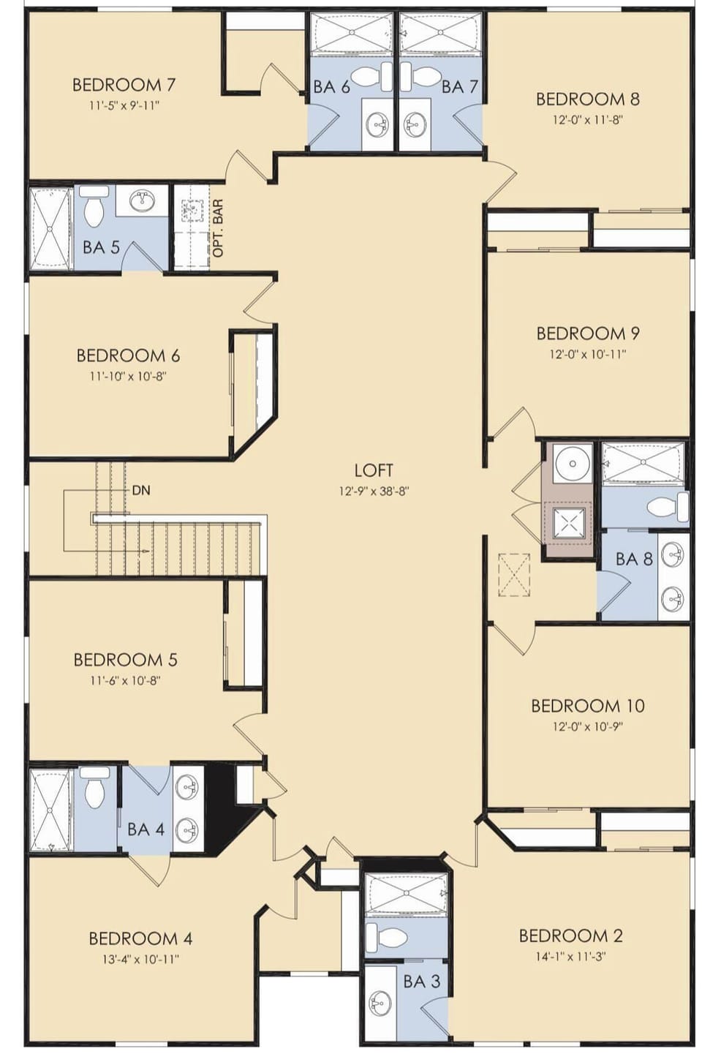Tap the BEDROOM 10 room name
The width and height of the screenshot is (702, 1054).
[588, 706]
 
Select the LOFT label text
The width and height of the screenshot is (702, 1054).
[374, 470]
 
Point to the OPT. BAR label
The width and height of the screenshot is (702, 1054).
[218, 228]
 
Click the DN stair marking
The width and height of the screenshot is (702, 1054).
[140, 490]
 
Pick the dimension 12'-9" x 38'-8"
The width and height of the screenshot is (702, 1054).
[374, 492]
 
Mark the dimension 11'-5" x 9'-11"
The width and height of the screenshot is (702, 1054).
[124, 106]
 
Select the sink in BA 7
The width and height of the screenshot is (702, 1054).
[415, 124]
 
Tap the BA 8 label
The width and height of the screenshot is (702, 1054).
[634, 559]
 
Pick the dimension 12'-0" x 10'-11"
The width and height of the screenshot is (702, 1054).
[588, 354]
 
